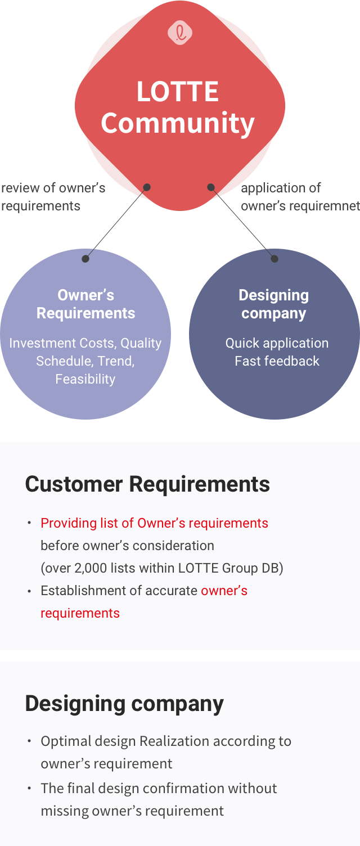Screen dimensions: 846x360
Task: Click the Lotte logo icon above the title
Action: [x=180, y=33]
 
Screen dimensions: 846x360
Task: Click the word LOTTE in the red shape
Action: [x=178, y=92]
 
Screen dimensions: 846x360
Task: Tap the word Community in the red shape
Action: [x=178, y=123]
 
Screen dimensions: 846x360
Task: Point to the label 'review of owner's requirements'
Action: [x=53, y=196]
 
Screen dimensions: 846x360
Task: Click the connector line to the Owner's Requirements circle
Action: [x=116, y=223]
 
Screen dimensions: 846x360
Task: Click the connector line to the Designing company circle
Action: [x=243, y=223]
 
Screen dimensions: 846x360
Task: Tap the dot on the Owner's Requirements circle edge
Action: [x=85, y=259]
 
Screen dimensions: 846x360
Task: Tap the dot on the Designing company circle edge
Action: [x=274, y=259]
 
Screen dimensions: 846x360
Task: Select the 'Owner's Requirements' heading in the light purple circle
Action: [x=85, y=304]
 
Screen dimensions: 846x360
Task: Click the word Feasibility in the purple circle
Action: [x=85, y=379]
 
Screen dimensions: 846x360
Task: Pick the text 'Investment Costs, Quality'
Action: [x=85, y=343]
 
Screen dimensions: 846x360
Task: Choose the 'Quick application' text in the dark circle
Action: [x=277, y=343]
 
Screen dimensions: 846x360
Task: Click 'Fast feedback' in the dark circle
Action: [x=277, y=361]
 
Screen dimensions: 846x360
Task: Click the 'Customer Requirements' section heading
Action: [x=147, y=484]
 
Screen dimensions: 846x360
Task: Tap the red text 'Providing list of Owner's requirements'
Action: [x=154, y=523]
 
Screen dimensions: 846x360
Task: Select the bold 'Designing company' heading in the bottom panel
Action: [x=124, y=704]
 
